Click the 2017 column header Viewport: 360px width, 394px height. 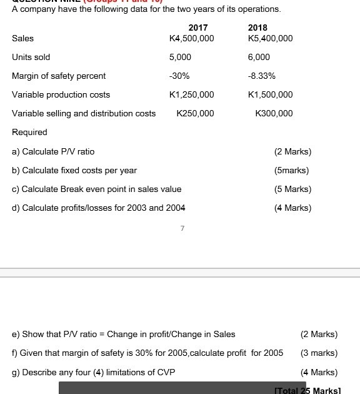click(x=197, y=28)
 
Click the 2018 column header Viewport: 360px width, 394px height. click(x=257, y=28)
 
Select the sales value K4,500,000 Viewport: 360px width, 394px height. click(x=191, y=38)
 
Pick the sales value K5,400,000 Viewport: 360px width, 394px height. click(x=270, y=38)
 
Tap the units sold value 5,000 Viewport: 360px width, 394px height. click(x=180, y=57)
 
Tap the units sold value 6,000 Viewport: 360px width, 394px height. click(x=259, y=57)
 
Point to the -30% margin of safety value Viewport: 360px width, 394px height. click(x=179, y=76)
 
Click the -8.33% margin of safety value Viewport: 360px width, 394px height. click(x=262, y=76)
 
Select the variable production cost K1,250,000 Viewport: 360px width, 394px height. click(x=191, y=94)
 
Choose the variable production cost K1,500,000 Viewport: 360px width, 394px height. click(x=270, y=94)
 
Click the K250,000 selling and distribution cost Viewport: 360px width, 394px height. click(x=195, y=113)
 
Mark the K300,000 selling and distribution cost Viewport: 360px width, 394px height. click(x=274, y=113)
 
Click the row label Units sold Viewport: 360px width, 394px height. click(x=31, y=57)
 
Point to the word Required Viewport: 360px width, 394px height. click(x=29, y=132)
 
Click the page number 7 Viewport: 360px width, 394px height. click(x=182, y=229)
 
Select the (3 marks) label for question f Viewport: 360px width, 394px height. click(x=319, y=353)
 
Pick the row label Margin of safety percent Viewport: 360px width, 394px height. click(x=59, y=76)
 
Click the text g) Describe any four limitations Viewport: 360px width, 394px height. click(x=94, y=372)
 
